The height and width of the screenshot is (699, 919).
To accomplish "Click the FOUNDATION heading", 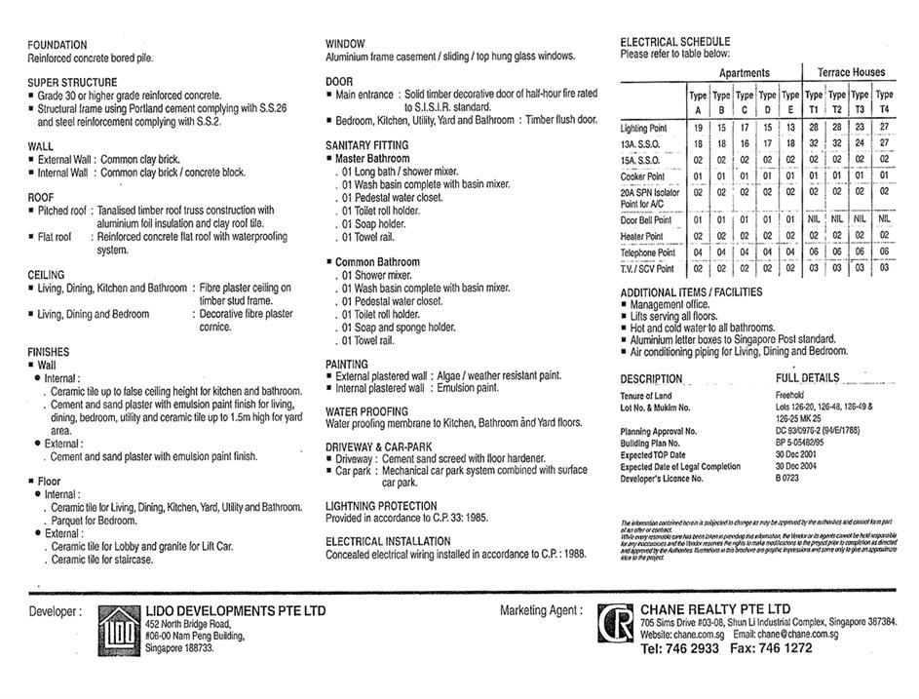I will (57, 45).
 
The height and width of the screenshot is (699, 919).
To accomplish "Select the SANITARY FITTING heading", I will (366, 145).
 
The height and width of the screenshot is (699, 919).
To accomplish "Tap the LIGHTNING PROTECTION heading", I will (381, 507).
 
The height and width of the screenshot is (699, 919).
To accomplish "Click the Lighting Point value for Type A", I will (698, 128).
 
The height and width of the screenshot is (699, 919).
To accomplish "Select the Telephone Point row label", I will (647, 252).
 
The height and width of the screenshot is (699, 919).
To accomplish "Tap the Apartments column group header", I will (744, 73).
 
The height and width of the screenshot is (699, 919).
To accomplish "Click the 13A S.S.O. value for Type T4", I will (883, 143).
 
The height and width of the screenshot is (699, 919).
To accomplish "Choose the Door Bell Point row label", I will (646, 220).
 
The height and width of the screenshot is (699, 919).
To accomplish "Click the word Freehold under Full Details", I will (790, 396).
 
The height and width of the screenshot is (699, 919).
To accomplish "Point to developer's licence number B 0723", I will (788, 479).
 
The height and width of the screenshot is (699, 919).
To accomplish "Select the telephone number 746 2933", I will (695, 648).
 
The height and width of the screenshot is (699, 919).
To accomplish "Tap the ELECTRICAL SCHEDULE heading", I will (674, 42).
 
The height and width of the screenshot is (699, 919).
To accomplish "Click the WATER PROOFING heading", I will (366, 412).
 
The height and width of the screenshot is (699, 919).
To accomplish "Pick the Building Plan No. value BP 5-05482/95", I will (809, 443).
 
